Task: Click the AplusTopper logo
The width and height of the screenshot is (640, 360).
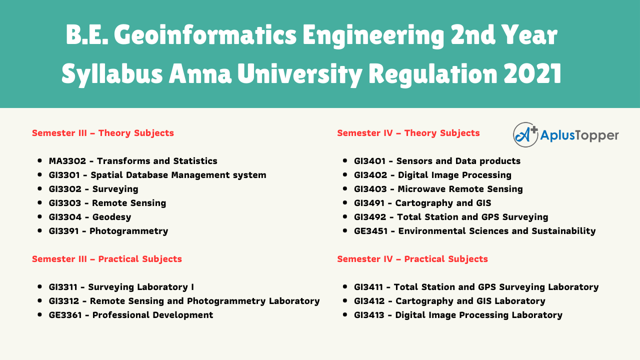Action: (565, 134)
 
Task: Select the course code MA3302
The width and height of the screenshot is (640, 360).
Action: (67, 161)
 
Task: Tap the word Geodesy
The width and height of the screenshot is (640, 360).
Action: (111, 217)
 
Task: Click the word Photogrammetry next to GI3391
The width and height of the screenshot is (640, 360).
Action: (128, 231)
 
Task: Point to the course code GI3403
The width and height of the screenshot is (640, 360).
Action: (370, 189)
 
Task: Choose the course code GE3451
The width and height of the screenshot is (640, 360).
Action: (370, 231)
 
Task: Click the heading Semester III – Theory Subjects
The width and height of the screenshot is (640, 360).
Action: (103, 133)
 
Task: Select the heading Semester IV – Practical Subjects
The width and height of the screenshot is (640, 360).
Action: (412, 259)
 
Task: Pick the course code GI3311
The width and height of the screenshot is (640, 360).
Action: (63, 287)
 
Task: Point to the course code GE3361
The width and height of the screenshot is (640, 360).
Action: (65, 315)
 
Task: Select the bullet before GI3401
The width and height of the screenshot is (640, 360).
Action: (345, 160)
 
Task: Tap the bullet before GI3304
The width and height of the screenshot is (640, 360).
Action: (39, 216)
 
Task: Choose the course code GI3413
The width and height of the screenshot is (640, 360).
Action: (369, 315)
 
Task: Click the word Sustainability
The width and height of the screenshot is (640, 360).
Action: (563, 231)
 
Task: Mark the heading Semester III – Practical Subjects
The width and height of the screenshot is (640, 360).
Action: (107, 259)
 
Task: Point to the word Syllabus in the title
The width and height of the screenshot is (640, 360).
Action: (112, 74)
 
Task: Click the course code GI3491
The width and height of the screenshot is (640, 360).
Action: (369, 203)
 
